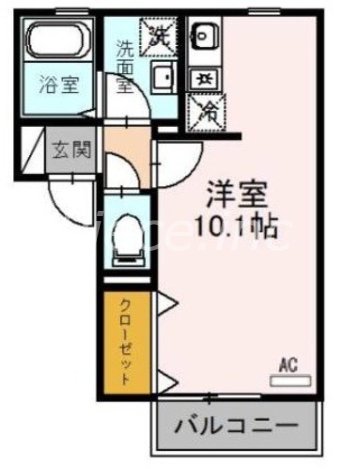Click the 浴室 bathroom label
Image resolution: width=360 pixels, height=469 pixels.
click(x=58, y=85)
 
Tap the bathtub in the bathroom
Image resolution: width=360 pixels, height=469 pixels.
click(x=58, y=39)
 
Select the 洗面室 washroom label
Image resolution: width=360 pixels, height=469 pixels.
click(x=124, y=66)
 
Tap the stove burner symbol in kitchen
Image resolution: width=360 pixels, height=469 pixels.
click(x=204, y=77)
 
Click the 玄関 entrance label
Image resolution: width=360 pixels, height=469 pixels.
click(x=72, y=151)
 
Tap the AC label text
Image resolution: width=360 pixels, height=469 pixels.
click(x=288, y=366)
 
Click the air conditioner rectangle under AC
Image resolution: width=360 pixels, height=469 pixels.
click(x=290, y=380)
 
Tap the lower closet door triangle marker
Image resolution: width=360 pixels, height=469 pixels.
click(x=167, y=383)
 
